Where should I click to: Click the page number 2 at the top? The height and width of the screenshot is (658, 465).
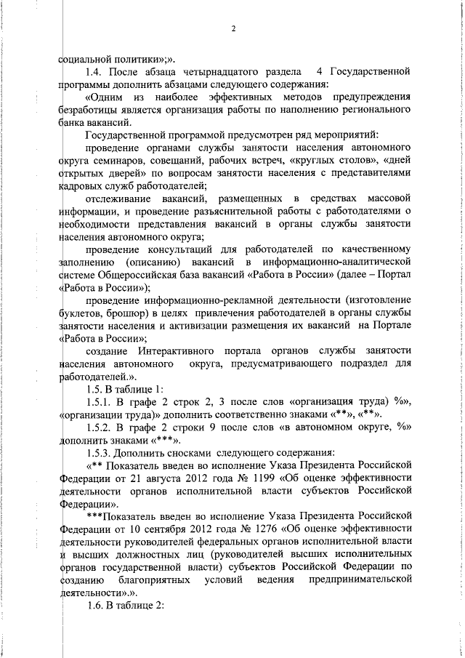click(233, 29)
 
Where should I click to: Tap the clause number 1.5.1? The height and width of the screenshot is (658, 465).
click(99, 403)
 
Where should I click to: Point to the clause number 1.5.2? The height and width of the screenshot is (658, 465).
click(99, 428)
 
